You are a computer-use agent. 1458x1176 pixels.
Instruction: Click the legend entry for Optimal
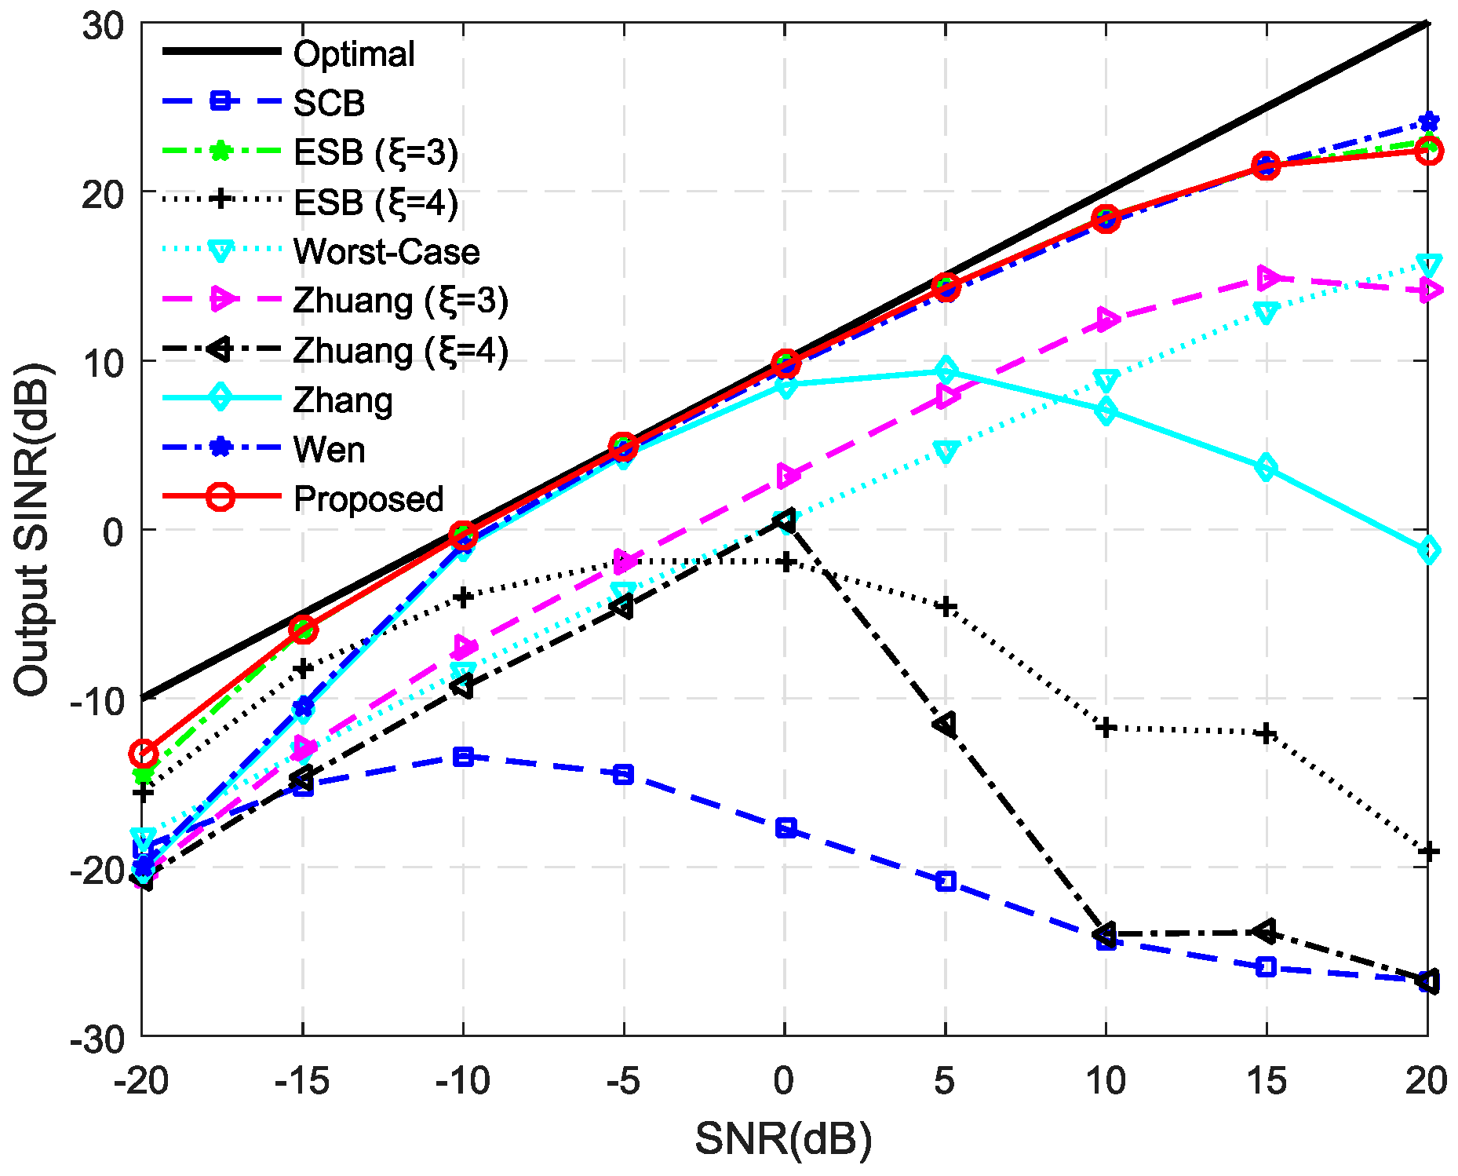point(353,53)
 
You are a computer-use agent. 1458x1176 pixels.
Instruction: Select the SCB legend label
point(329,103)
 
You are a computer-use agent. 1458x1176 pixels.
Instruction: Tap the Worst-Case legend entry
point(386,251)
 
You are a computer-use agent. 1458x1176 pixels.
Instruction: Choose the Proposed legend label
point(368,499)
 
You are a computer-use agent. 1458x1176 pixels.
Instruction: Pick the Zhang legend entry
point(342,400)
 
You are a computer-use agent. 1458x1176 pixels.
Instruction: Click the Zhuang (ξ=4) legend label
point(400,350)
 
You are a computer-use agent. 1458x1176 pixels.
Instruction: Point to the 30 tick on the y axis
point(103,25)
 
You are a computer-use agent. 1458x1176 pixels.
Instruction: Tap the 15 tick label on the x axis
point(1266,1081)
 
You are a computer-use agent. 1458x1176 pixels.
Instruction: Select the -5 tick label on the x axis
point(623,1081)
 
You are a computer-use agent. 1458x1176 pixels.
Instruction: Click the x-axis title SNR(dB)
point(783,1138)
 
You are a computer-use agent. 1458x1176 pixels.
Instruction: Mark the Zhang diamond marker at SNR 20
point(1428,550)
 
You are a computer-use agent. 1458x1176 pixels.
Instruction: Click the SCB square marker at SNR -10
point(463,757)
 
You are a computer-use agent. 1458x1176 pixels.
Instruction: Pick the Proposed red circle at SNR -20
point(143,754)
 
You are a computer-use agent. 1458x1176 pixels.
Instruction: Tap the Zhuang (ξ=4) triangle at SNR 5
point(945,725)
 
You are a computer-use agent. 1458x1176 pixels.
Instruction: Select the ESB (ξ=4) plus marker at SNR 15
point(1266,734)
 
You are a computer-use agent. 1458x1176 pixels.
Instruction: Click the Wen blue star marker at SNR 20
point(1428,122)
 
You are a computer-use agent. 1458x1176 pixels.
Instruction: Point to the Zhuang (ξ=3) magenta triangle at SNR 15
point(1266,278)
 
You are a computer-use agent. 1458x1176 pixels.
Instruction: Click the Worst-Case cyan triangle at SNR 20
point(1428,264)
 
